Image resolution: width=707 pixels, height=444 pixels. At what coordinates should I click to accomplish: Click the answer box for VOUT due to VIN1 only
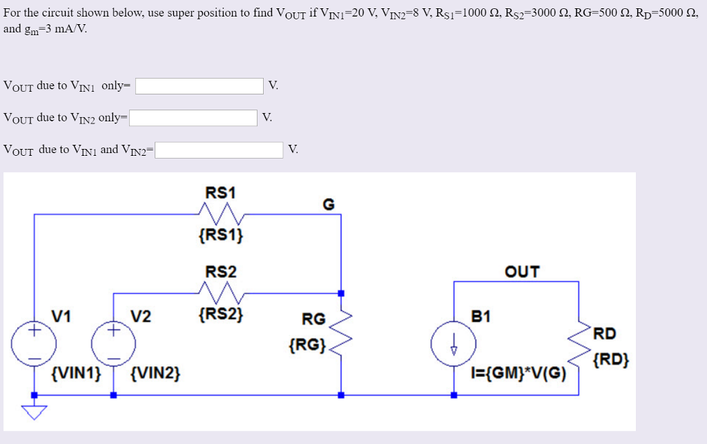tap(200, 86)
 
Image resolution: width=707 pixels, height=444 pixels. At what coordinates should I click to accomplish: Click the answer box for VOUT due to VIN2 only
tap(194, 118)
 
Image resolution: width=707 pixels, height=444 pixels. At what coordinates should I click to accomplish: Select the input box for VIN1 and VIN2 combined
tap(219, 150)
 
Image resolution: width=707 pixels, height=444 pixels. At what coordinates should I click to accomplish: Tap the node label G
tap(328, 204)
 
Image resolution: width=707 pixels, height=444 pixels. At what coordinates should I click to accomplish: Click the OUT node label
tap(522, 272)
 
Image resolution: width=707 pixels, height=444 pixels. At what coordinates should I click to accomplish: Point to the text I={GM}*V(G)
tap(517, 374)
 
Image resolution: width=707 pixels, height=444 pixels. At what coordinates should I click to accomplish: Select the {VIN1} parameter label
tap(76, 374)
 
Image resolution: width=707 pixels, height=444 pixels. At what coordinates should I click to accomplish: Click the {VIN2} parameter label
tap(155, 374)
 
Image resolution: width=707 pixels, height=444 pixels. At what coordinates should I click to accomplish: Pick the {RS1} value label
tap(220, 236)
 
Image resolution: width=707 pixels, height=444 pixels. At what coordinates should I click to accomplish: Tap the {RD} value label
tap(610, 359)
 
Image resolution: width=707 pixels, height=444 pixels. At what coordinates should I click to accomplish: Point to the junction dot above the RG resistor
tap(341, 293)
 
